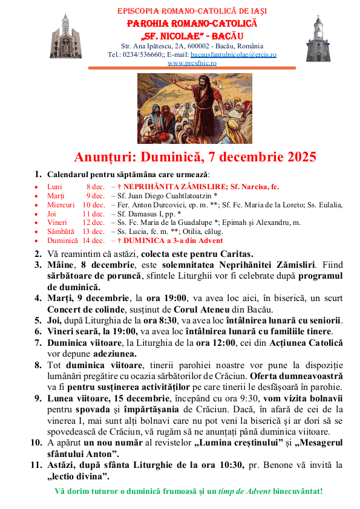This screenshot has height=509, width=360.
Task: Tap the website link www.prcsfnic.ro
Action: pyautogui.click(x=192, y=63)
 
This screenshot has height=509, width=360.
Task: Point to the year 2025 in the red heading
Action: pyautogui.click(x=296, y=157)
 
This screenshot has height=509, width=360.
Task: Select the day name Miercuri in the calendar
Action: pyautogui.click(x=61, y=205)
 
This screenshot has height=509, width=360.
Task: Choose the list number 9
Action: pyautogui.click(x=38, y=398)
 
